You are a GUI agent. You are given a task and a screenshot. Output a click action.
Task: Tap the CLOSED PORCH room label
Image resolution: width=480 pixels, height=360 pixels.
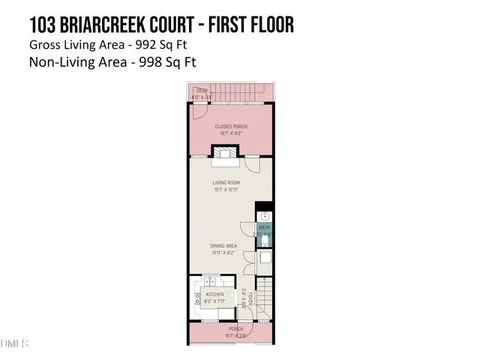231,126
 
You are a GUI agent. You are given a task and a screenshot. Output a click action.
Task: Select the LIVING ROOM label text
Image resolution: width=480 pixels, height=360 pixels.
226,182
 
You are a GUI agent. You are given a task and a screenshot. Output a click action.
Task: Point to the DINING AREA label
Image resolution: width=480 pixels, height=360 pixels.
224,245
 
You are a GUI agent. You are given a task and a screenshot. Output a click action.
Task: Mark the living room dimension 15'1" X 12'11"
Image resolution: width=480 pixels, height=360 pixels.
226,190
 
